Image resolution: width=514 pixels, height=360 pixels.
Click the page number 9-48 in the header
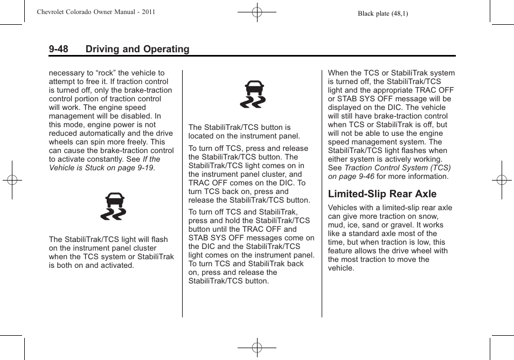[x=58, y=49]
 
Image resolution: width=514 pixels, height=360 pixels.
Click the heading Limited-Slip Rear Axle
[x=382, y=193]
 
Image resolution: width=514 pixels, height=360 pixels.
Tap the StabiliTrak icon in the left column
[x=113, y=207]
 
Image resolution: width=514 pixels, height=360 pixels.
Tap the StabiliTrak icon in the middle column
[x=253, y=94]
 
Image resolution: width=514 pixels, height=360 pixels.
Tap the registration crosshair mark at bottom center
[x=257, y=348]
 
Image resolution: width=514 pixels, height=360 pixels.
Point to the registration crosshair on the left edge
[x=11, y=180]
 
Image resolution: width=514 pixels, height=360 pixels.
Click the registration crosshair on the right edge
[x=502, y=180]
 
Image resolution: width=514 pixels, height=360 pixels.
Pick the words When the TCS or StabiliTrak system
[x=391, y=73]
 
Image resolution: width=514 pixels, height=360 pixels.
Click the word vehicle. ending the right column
[x=341, y=268]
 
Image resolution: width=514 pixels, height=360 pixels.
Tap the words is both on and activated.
[x=92, y=265]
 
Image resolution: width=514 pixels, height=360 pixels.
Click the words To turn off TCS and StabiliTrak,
[x=242, y=212]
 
